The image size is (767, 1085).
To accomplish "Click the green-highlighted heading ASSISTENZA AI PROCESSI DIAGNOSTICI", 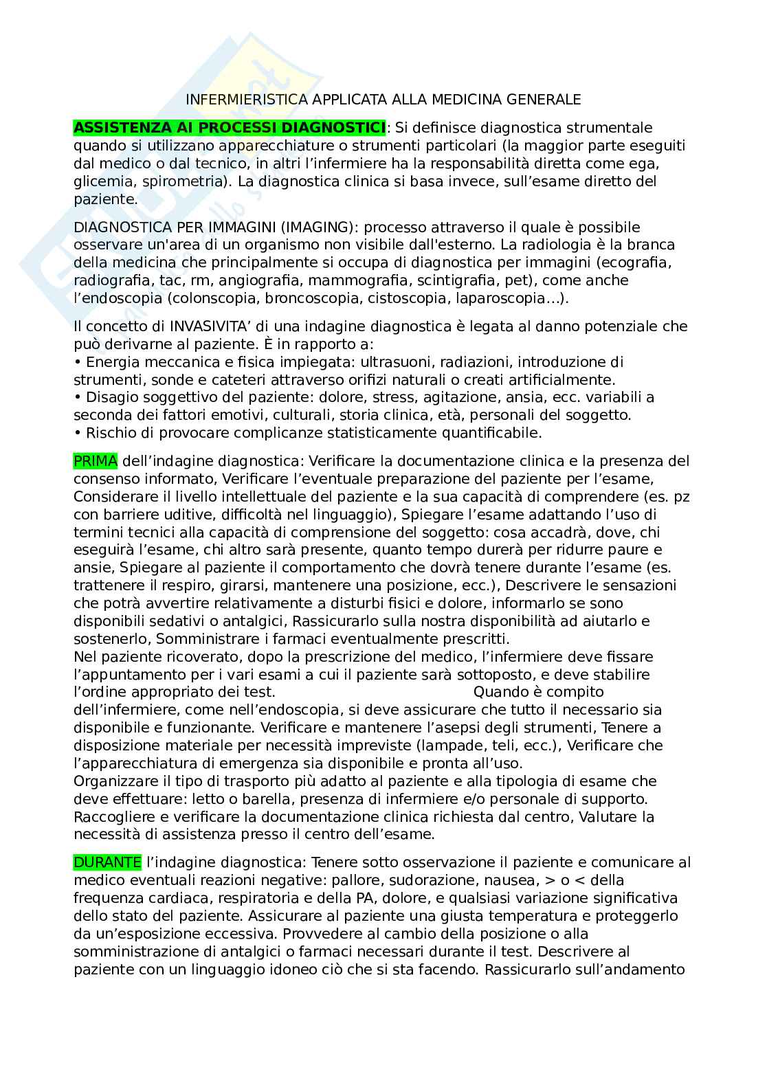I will pyautogui.click(x=230, y=128).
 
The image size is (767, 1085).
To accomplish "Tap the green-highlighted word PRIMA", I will pyautogui.click(x=95, y=460).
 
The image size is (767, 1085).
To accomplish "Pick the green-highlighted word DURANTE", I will pyautogui.click(x=107, y=862).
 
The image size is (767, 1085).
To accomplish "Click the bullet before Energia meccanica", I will pyautogui.click(x=77, y=361).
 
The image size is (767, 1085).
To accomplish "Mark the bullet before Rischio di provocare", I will pyautogui.click(x=77, y=433).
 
